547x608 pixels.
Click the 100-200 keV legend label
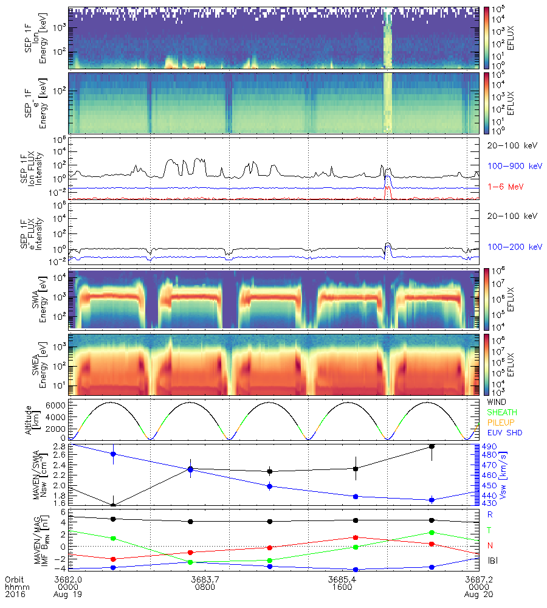510,247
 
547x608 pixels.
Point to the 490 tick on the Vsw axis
490,447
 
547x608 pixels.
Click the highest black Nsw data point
432,446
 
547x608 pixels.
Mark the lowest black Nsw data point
113,505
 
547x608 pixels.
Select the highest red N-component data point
356,537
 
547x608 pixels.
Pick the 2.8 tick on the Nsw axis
60,446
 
